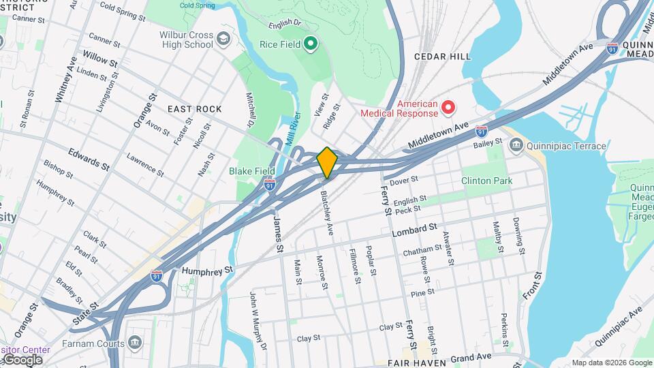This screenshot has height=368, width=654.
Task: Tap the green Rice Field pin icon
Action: (311, 44)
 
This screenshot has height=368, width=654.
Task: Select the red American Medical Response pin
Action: (448, 107)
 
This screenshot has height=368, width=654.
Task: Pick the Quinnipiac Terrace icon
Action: (516, 145)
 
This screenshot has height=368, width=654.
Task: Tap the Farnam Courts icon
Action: (134, 341)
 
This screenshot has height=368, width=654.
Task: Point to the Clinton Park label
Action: (486, 181)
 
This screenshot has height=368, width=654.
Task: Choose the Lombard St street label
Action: (414, 230)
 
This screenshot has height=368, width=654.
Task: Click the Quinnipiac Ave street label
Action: (617, 326)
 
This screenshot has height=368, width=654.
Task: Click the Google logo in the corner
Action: (22, 360)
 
